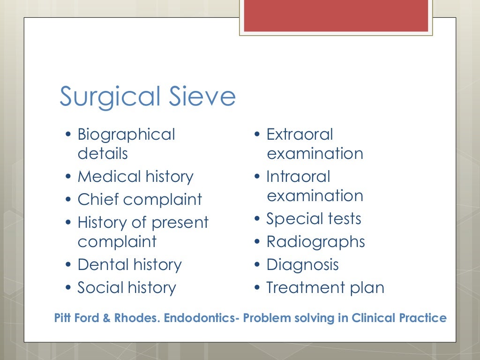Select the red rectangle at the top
point(336,16)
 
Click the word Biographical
point(126,135)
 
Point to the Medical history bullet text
point(135,177)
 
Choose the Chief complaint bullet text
point(140,200)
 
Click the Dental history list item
point(129,265)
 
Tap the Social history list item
point(127,288)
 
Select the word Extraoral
point(300,135)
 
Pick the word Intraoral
point(298,177)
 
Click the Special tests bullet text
point(314,219)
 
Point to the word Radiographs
point(315,242)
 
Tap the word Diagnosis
point(302,265)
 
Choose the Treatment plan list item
point(325,288)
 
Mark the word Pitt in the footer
point(62,318)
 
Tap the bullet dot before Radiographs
point(257,242)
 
